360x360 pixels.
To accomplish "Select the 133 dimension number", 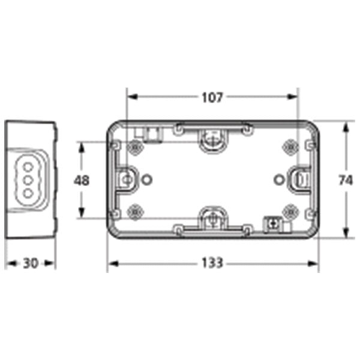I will point(212,263).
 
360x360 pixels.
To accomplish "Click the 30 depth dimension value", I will point(30,263).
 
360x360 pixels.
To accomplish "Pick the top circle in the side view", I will point(27,166).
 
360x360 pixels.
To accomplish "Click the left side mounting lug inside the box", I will point(127,179).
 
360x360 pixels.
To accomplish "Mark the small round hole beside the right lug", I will point(278,178).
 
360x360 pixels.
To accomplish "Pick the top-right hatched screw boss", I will point(290,146).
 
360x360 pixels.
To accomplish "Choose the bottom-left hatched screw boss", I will point(135,212).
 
